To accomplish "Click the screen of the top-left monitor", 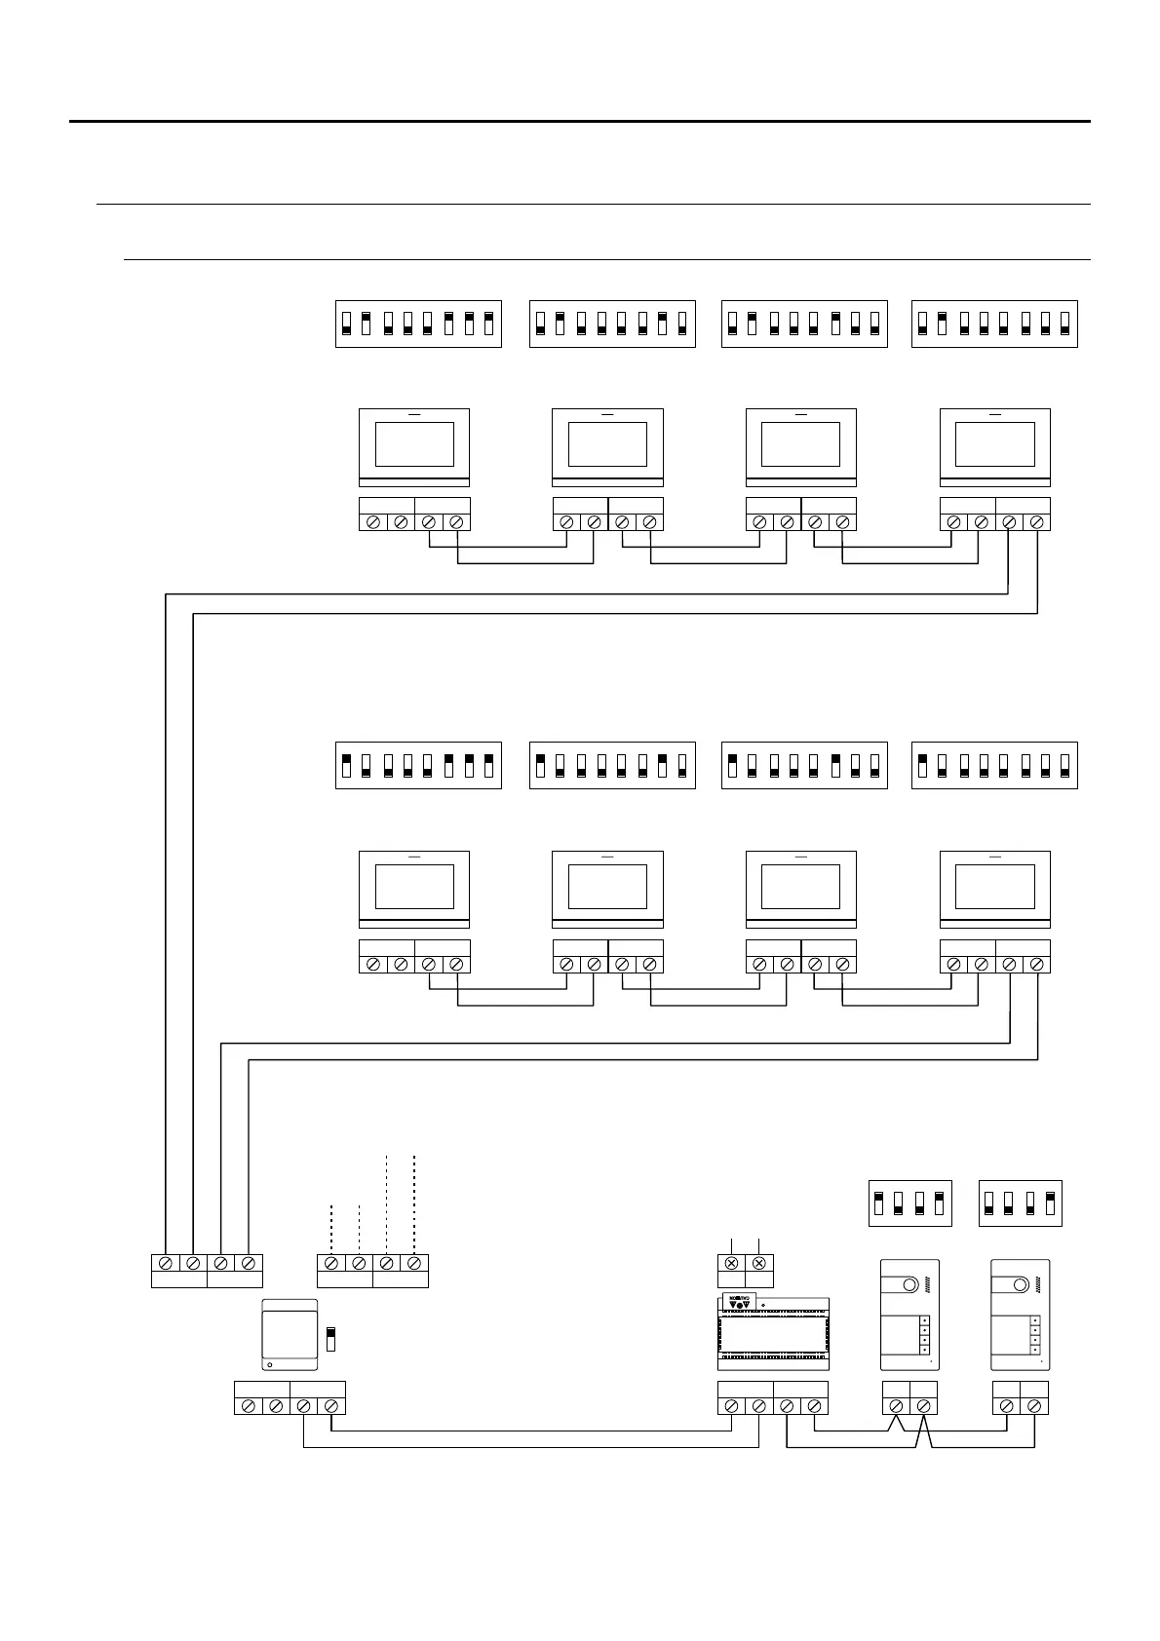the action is tap(414, 444).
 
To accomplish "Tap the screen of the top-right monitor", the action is tap(994, 444).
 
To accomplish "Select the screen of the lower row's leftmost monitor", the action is tap(414, 887).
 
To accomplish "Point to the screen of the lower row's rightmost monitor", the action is tap(994, 887).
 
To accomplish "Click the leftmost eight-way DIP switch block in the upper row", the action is tap(418, 324).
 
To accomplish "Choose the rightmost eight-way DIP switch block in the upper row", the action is tap(994, 324).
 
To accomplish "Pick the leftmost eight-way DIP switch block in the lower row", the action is tap(418, 765).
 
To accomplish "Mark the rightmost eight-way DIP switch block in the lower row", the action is tap(994, 765).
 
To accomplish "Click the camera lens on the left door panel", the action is tap(909, 1285).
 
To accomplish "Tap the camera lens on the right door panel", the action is tap(1021, 1285).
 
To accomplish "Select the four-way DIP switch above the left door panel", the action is tap(909, 1203).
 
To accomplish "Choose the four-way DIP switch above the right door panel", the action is tap(1020, 1203).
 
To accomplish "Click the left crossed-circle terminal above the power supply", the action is tap(731, 1263).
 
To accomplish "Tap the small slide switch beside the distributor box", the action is tap(330, 1338).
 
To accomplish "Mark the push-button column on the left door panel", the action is tap(924, 1335).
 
